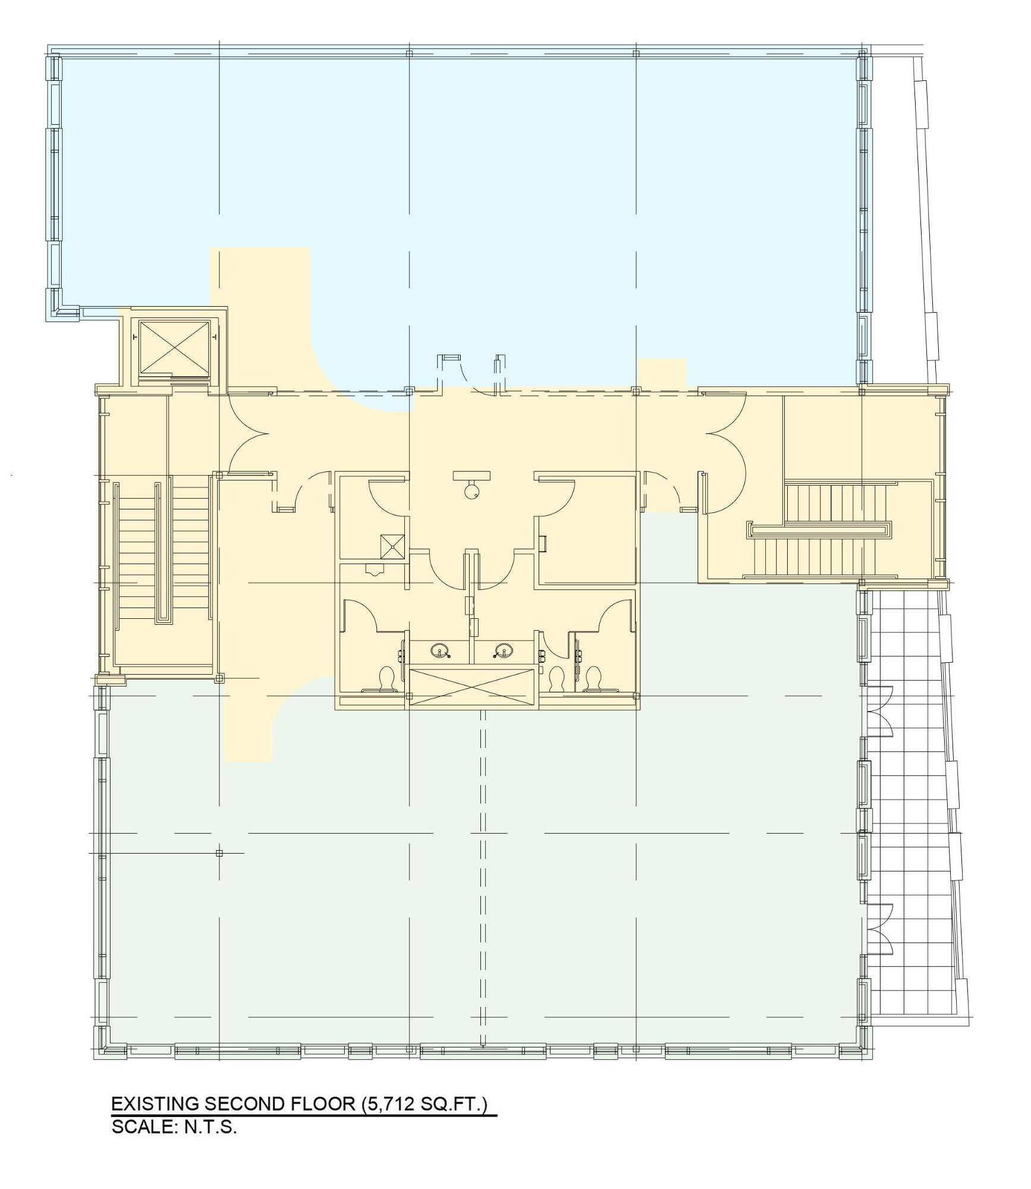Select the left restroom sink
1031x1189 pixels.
click(441, 650)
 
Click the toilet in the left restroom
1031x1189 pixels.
click(386, 680)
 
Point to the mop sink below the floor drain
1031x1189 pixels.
click(375, 570)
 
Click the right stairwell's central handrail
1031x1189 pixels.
click(821, 530)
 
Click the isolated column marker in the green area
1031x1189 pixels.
click(219, 853)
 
